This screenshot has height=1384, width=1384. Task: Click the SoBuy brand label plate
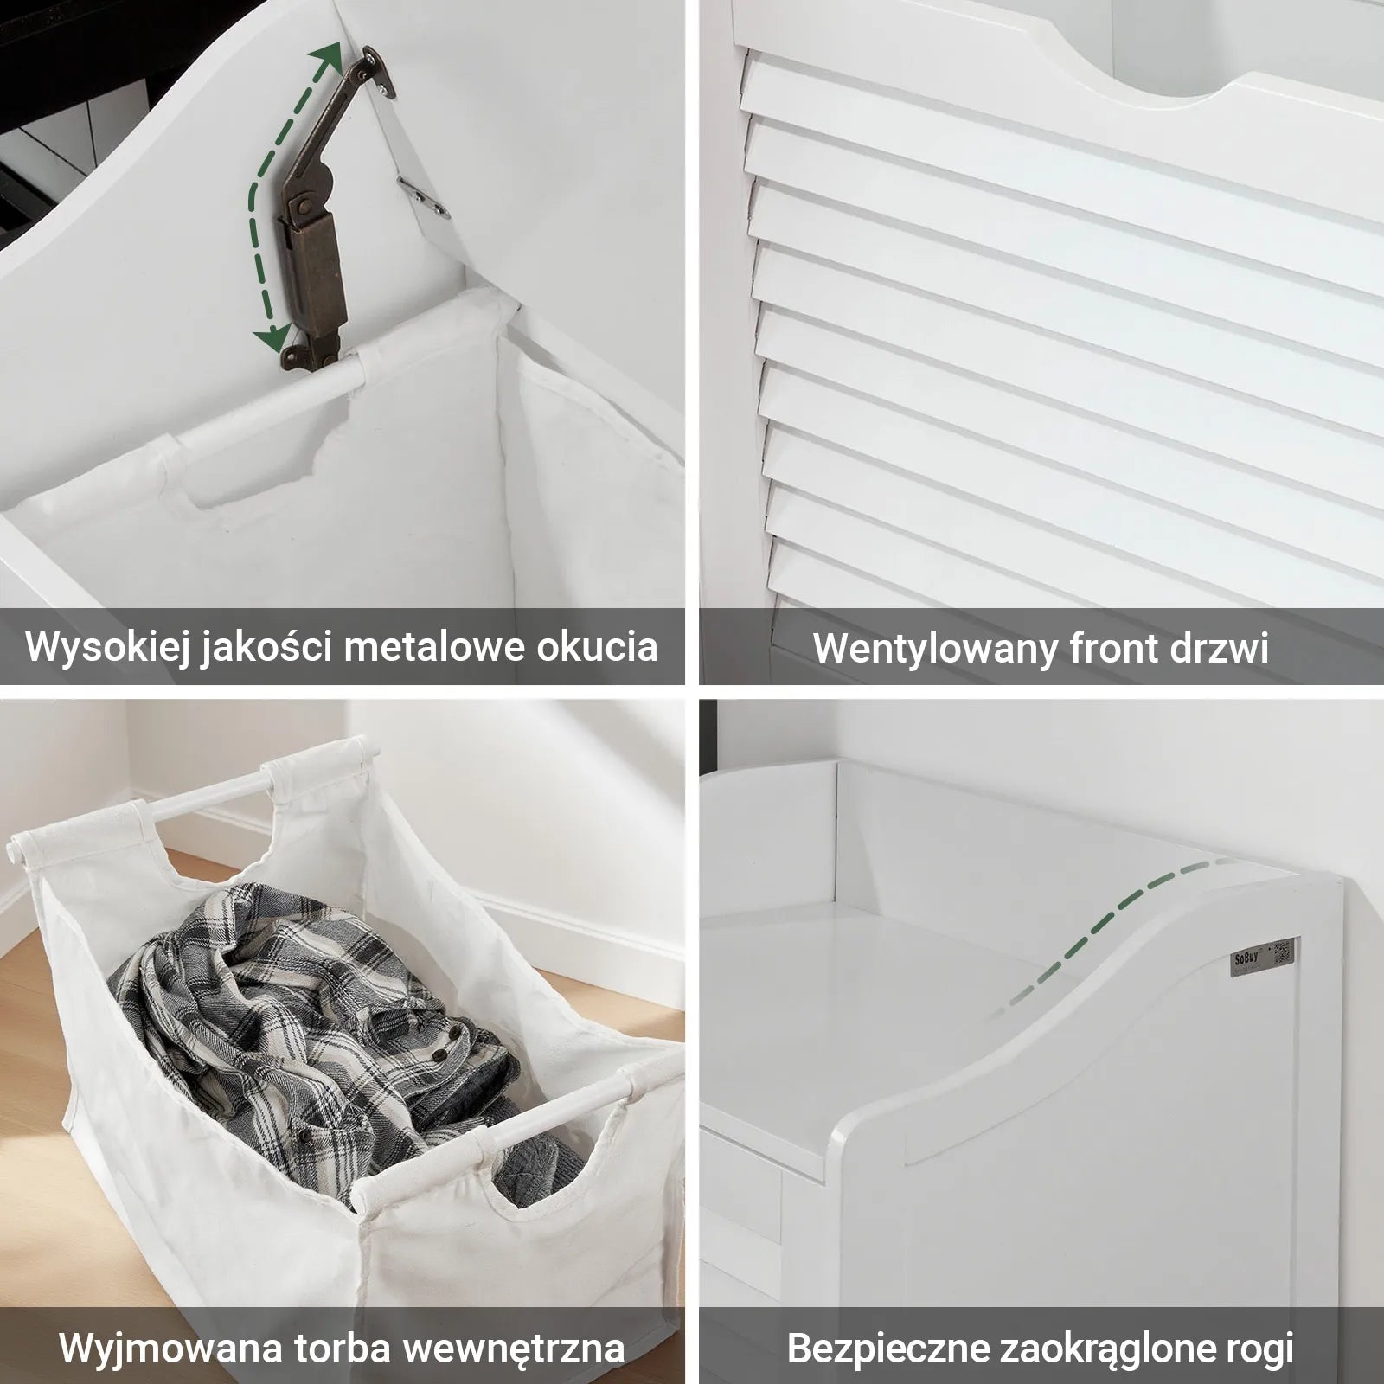1261,956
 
